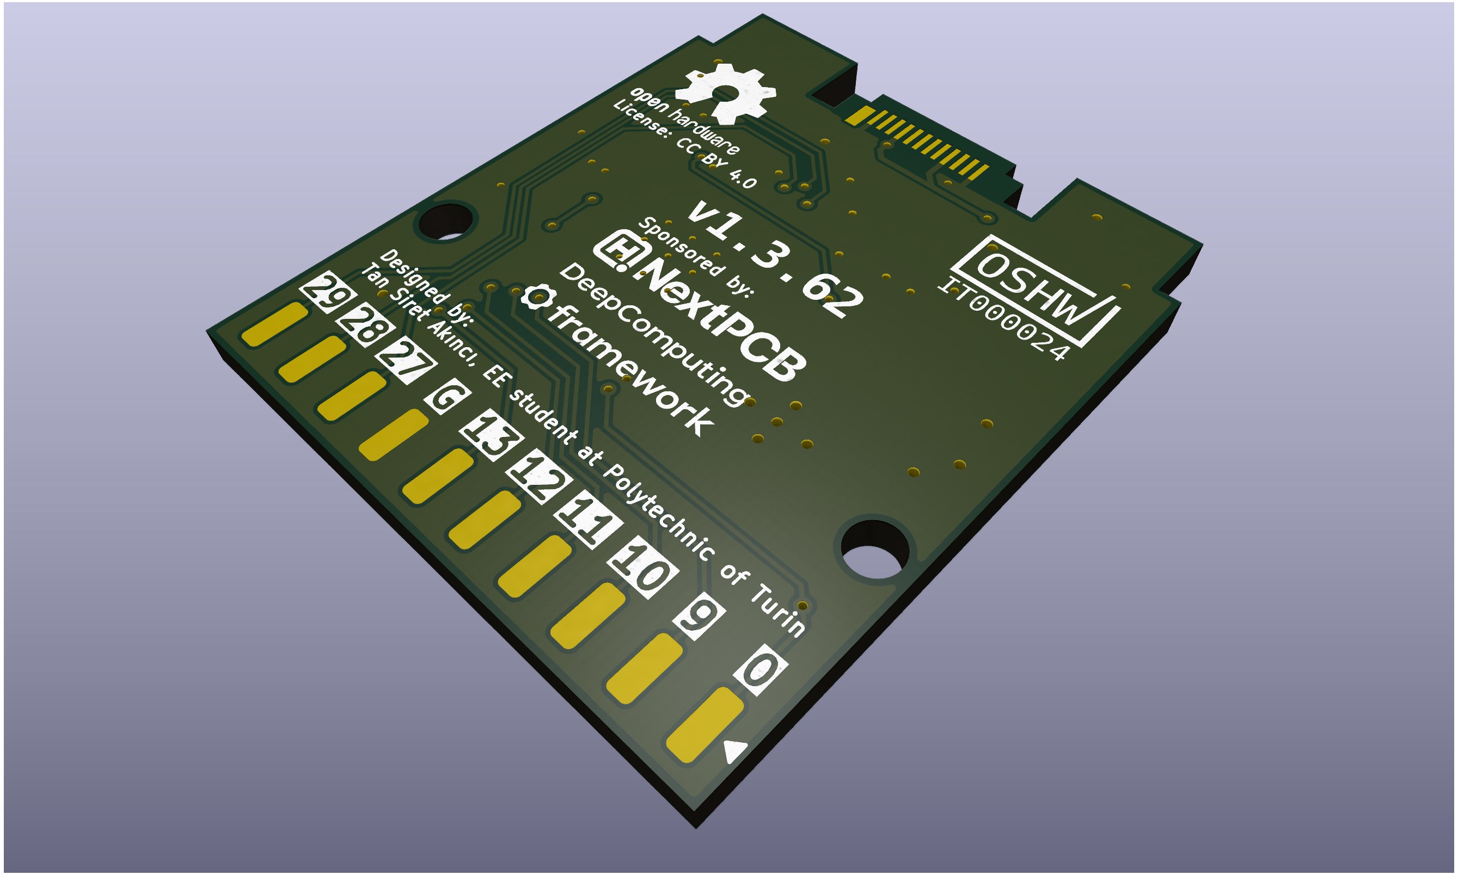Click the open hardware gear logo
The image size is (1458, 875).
coord(725,93)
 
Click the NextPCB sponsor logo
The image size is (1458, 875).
coord(701,305)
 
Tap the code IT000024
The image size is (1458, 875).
coord(1003,318)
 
